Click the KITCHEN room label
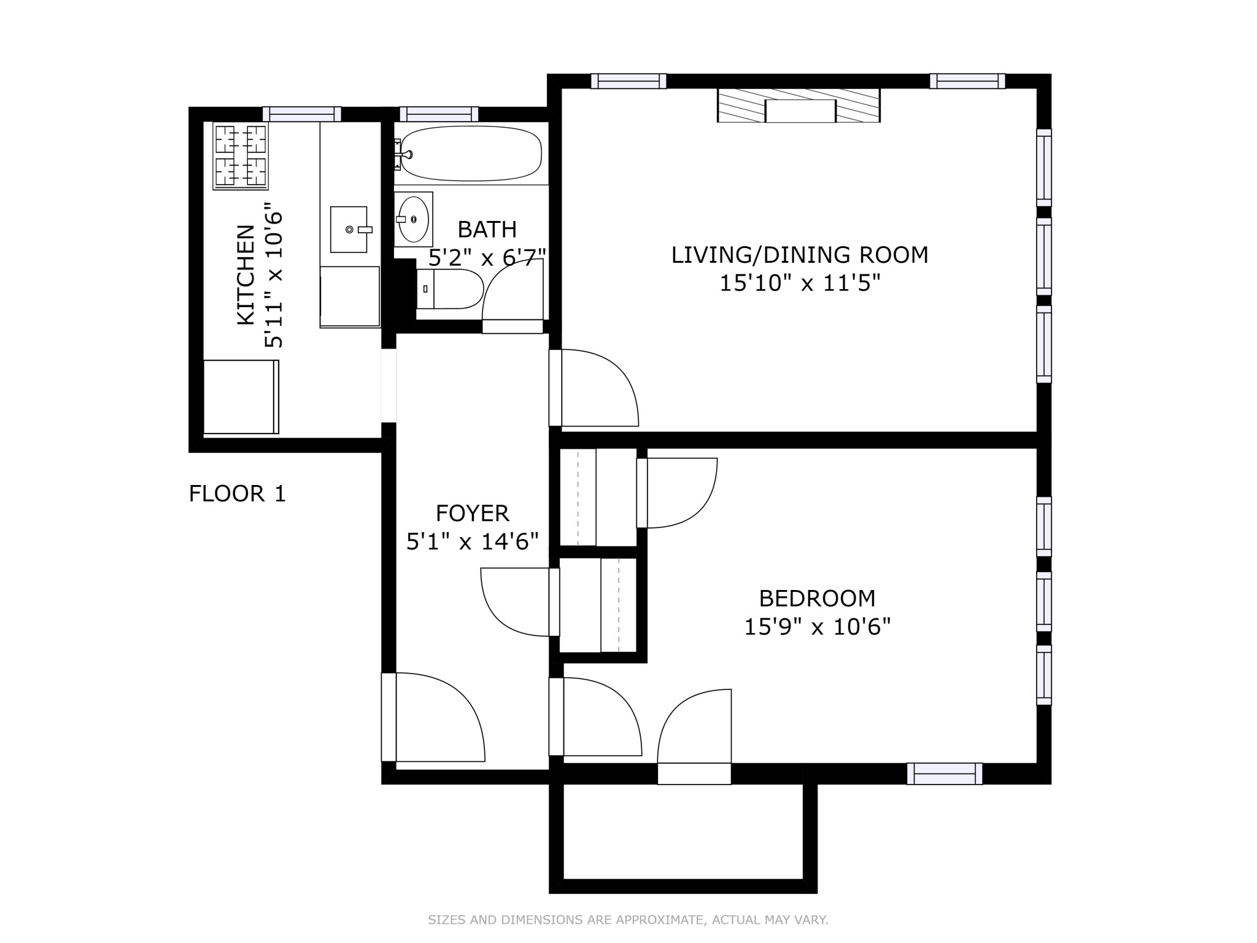point(246,274)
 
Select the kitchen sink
point(349,230)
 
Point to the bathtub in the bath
point(471,153)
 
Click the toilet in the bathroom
point(450,289)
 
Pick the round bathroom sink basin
point(414,219)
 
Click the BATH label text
point(487,230)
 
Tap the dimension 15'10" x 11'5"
point(800,284)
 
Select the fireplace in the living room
point(799,106)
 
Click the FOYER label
point(472,513)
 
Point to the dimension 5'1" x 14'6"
point(472,541)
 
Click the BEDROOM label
point(816,598)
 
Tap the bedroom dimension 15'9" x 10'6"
point(816,627)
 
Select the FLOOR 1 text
point(237,494)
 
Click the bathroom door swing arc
point(512,289)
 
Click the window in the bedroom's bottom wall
point(944,774)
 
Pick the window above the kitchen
point(301,114)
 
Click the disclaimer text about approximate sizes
point(628,920)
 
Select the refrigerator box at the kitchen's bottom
point(241,397)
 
